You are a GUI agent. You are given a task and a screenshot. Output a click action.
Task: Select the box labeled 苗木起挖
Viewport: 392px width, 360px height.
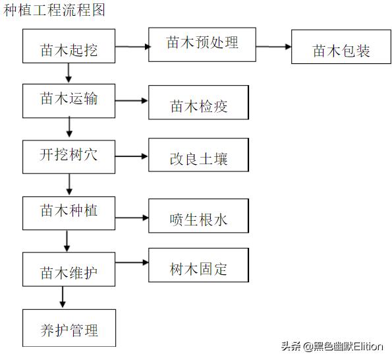(69, 47)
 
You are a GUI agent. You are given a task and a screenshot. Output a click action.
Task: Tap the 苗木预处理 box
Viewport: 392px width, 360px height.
(202, 44)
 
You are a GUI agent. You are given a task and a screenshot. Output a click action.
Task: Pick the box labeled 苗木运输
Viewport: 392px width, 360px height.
(69, 100)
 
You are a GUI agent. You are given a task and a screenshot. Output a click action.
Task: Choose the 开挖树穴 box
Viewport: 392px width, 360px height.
(69, 156)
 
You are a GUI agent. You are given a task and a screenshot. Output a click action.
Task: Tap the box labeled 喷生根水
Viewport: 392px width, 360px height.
(199, 215)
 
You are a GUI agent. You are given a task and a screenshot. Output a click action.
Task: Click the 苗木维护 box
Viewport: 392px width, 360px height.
(69, 270)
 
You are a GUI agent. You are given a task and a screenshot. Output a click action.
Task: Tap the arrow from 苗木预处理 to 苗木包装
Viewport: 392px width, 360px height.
(273, 47)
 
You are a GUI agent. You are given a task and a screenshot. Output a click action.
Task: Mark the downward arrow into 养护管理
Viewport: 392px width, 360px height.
(63, 298)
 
